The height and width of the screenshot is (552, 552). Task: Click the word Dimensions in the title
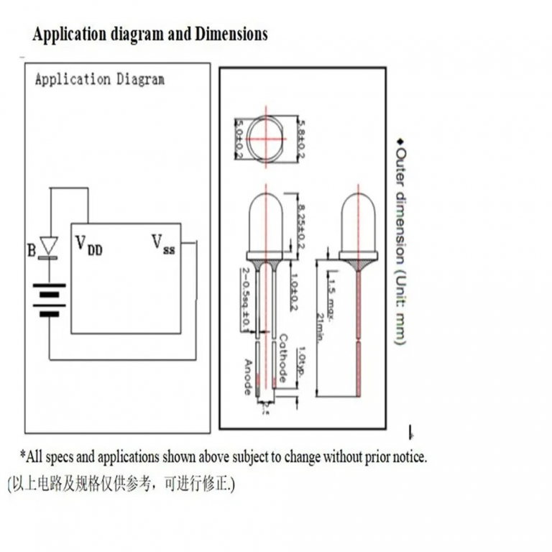click(231, 34)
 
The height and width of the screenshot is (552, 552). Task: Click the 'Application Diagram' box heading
click(99, 79)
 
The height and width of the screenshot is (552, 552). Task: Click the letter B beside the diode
click(31, 251)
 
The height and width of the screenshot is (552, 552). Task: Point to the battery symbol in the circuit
click(49, 301)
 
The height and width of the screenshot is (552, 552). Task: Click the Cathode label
click(283, 357)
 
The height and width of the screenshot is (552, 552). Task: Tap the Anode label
click(248, 377)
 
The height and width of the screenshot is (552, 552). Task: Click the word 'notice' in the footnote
click(406, 457)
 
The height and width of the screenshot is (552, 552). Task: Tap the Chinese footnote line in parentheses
click(121, 484)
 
